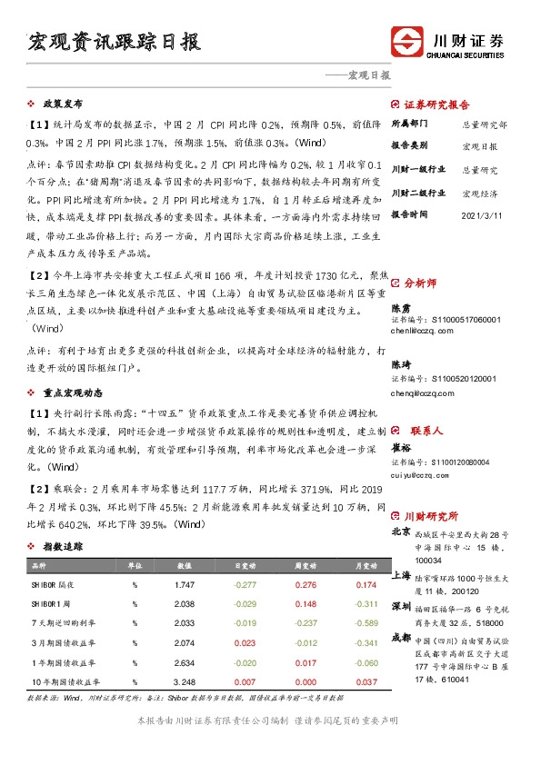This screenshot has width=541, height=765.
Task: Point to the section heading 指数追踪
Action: (x=63, y=547)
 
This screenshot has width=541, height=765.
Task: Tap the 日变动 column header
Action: (x=245, y=564)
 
